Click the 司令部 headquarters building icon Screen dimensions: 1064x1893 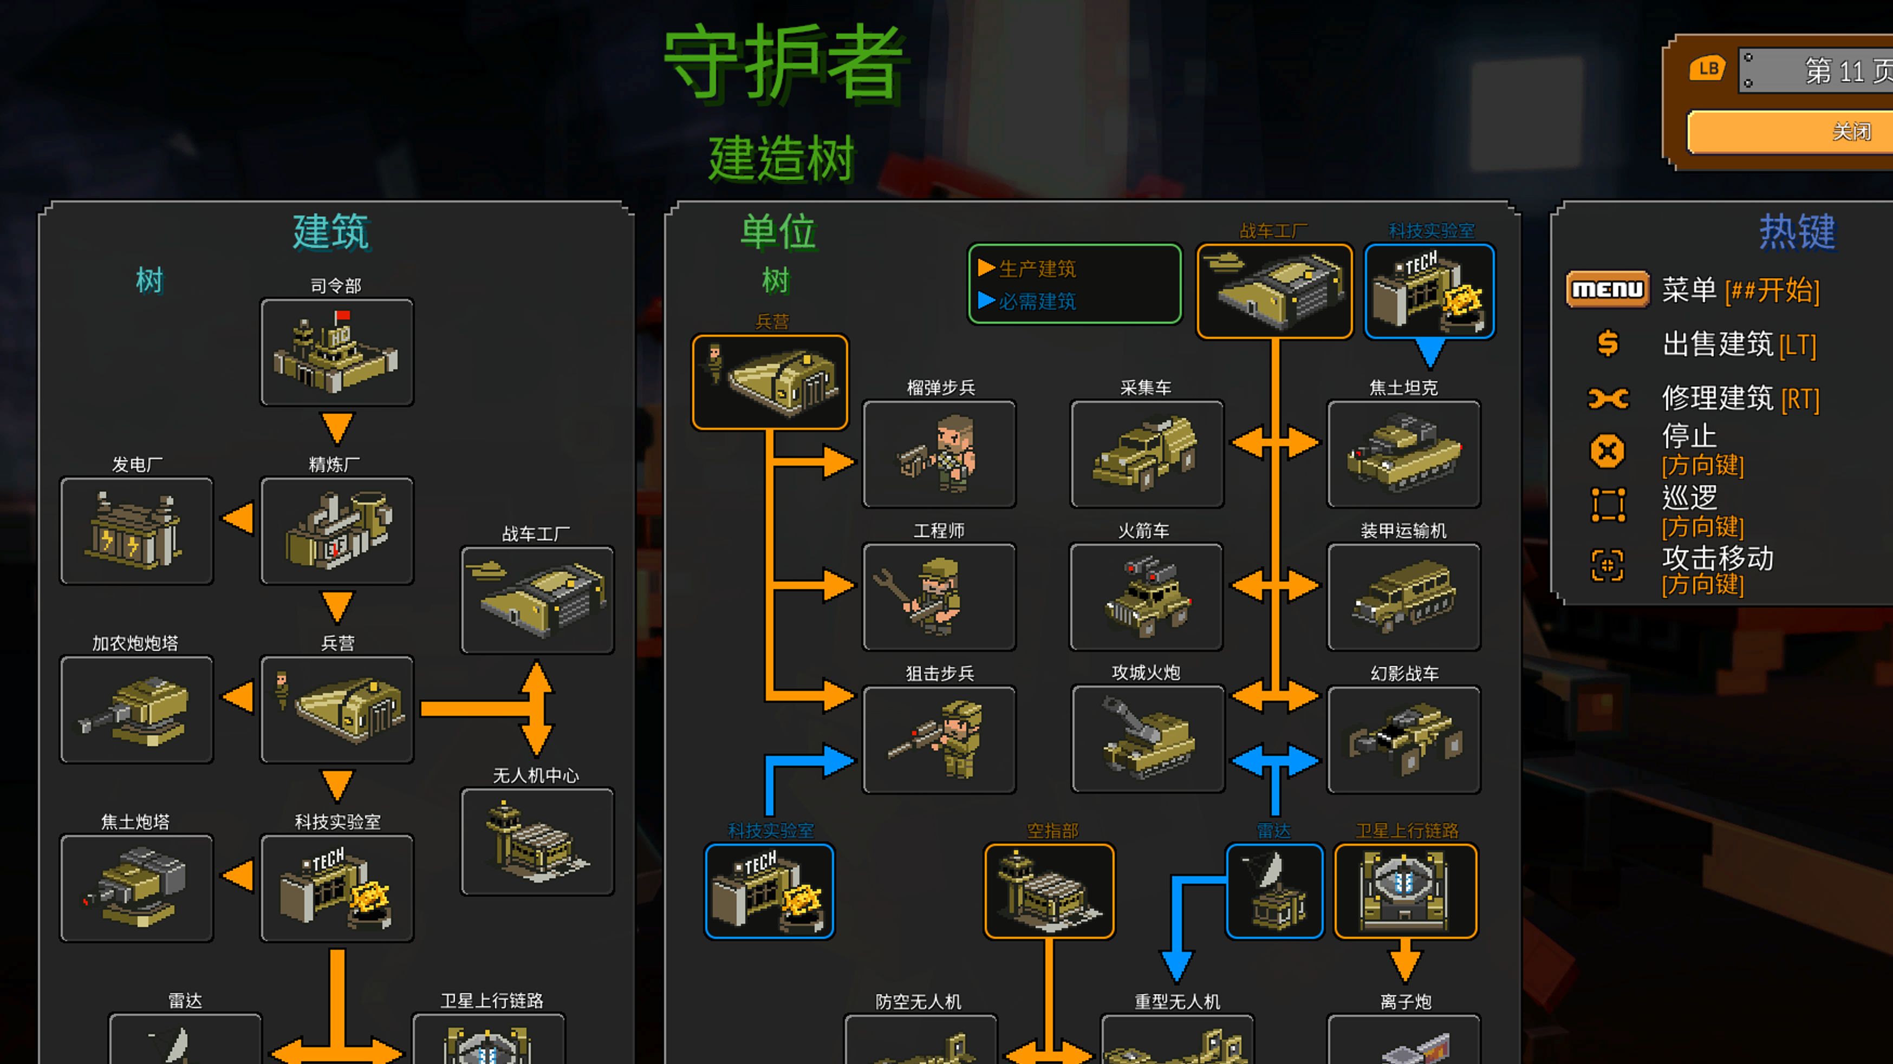click(336, 352)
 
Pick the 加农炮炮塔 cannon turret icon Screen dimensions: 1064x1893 click(136, 710)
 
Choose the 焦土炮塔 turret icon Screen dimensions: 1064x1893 click(136, 887)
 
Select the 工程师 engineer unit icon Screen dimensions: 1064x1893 click(939, 597)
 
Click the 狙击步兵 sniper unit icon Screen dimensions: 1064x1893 click(939, 739)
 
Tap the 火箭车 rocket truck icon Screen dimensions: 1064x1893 click(1147, 597)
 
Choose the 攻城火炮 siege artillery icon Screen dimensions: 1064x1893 click(1148, 739)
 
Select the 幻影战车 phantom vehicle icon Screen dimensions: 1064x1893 click(1403, 739)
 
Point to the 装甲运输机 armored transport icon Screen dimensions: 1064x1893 click(1403, 597)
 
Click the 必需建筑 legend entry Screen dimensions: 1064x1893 click(1036, 301)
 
